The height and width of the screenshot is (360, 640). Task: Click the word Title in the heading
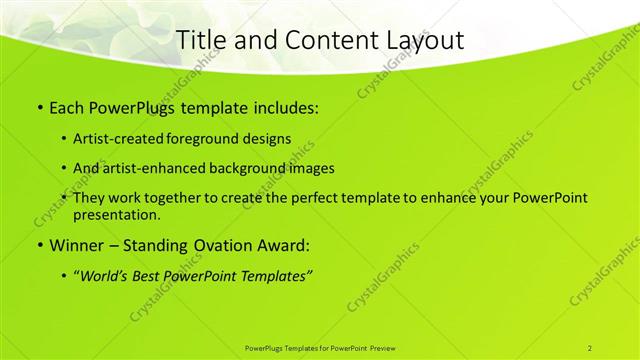coord(199,41)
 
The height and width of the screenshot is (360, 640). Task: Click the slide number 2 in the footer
coord(590,348)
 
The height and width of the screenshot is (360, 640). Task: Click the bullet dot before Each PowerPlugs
coord(39,107)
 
